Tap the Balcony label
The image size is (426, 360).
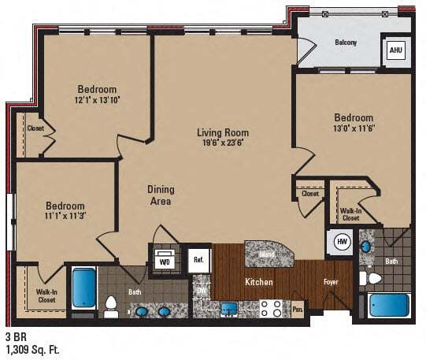coord(346,43)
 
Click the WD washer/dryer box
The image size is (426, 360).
coord(165,261)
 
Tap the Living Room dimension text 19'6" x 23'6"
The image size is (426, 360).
coord(223,144)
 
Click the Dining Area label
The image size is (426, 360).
coord(161,195)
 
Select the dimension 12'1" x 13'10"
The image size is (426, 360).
coord(97,101)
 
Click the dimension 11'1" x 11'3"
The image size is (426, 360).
coord(65,213)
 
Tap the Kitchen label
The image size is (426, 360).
coord(258,281)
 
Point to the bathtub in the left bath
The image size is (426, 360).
coord(83,288)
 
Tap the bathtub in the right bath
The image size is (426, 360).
coord(390,304)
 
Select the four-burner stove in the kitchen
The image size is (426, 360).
coord(272,307)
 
